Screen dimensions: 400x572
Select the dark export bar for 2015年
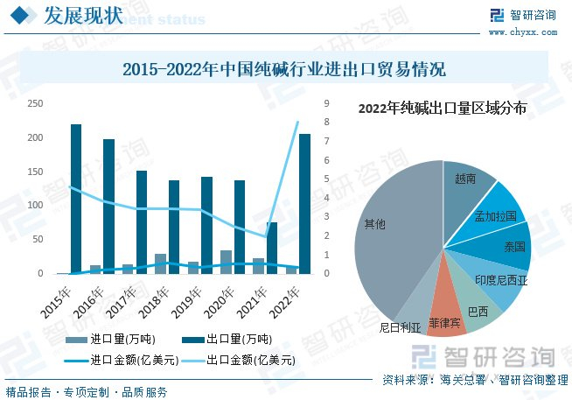pos(76,199)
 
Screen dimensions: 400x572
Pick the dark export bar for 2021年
pos(272,248)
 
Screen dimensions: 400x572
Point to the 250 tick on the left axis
pos(35,104)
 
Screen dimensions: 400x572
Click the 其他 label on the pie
pos(374,225)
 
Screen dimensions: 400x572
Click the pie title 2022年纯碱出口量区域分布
pos(443,109)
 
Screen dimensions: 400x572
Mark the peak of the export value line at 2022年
pos(298,122)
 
